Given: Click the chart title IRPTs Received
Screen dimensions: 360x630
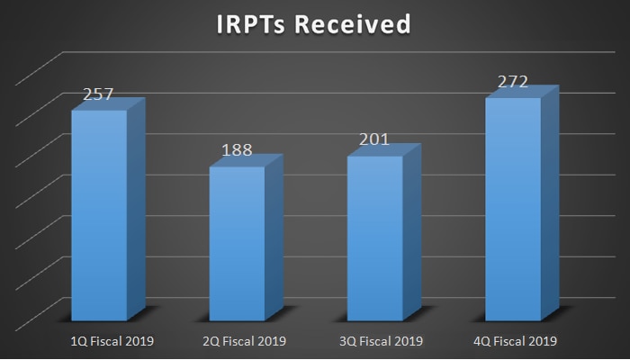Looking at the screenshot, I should tap(314, 24).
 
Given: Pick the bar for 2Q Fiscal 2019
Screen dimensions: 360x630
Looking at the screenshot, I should tap(237, 243).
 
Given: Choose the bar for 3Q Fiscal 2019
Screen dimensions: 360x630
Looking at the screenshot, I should tap(374, 238).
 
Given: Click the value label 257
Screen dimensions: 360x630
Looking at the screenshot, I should tap(99, 95).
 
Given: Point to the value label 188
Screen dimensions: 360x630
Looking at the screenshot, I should tap(237, 151).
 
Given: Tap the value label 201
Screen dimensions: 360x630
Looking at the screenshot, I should tap(374, 139).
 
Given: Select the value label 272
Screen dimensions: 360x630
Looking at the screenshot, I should tap(513, 83).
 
